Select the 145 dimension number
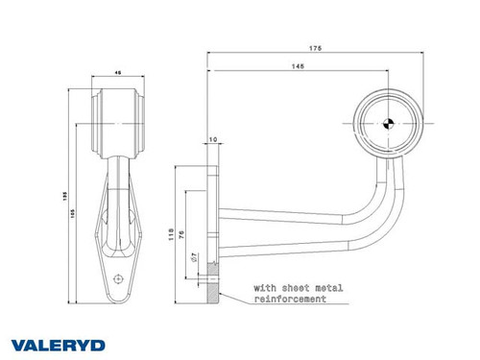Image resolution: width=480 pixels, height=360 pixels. click(298, 67)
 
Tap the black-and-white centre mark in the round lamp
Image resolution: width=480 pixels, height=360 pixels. click(387, 121)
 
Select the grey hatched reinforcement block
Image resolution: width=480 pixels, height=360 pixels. click(208, 289)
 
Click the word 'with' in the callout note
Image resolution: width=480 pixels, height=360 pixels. click(266, 287)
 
